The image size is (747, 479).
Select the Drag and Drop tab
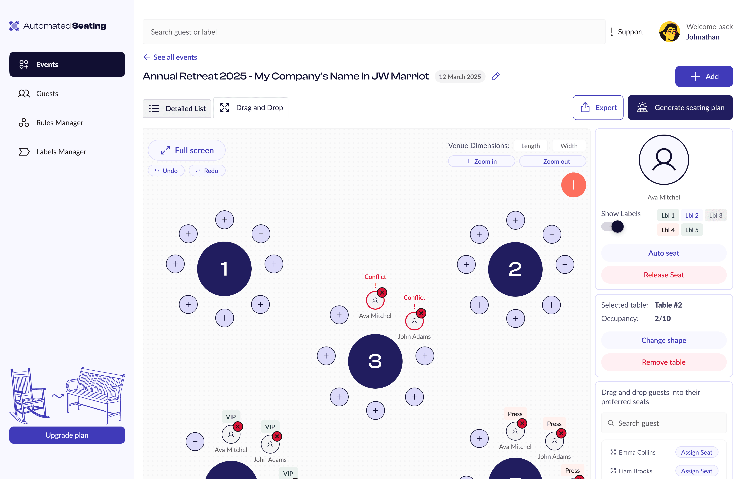[251, 108]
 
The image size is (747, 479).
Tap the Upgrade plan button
[67, 435]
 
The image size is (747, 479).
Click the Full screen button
[187, 150]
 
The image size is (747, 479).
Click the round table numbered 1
[224, 269]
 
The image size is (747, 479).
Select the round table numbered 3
[375, 361]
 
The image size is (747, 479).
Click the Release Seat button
[664, 275]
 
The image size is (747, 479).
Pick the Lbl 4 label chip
[668, 230]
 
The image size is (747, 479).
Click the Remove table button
[664, 362]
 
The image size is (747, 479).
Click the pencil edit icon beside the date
[496, 76]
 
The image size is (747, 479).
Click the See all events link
[170, 57]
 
